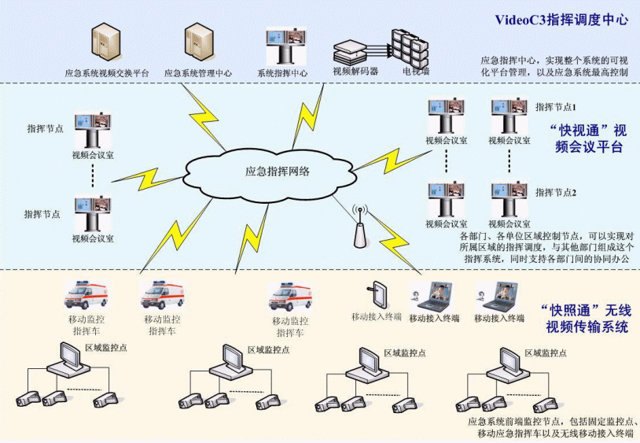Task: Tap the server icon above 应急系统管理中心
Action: tap(197, 45)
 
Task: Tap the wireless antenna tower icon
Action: tap(362, 228)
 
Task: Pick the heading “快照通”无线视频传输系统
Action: tap(586, 317)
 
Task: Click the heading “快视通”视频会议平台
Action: tap(587, 138)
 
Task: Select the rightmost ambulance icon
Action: tap(291, 297)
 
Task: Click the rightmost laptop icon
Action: tap(498, 297)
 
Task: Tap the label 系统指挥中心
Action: tap(282, 74)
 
